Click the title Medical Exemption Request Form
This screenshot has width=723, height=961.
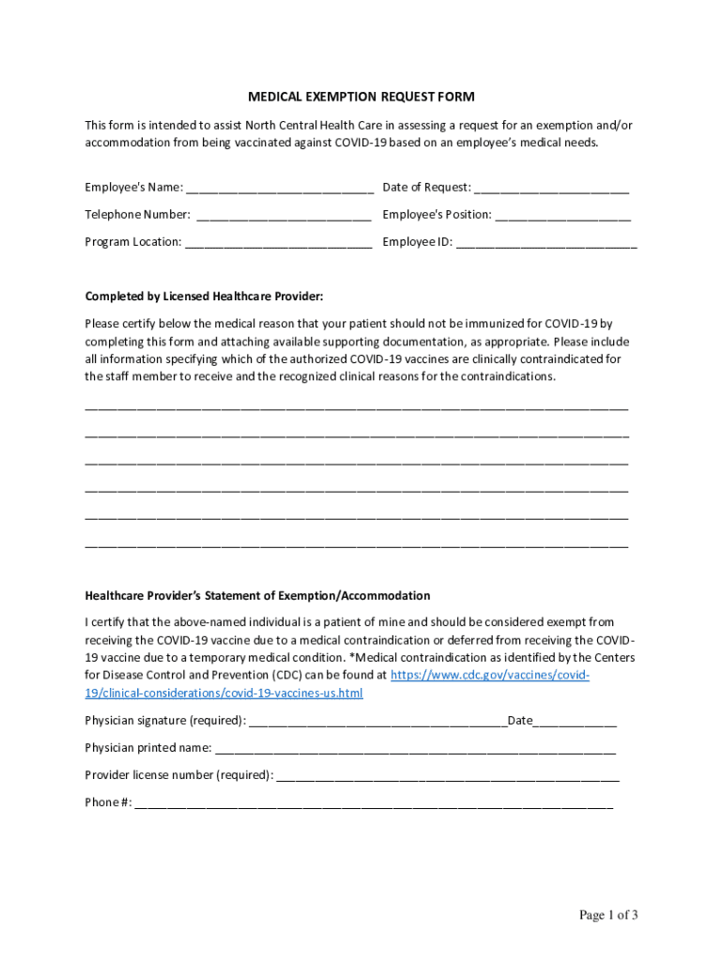[361, 97]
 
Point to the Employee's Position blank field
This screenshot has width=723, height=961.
[563, 217]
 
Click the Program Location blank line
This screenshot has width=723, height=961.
[279, 244]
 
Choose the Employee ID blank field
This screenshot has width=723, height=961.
[546, 244]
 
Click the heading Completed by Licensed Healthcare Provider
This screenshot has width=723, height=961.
[204, 297]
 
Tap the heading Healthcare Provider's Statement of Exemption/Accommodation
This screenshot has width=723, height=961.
[257, 595]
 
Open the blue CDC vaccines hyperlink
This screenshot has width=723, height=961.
[489, 675]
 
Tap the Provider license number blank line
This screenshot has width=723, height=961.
[448, 777]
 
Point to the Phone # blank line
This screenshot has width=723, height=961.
[374, 804]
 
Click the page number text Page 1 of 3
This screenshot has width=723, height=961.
[608, 915]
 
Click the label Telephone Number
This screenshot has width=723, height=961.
[138, 215]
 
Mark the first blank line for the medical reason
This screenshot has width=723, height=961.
[357, 409]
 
